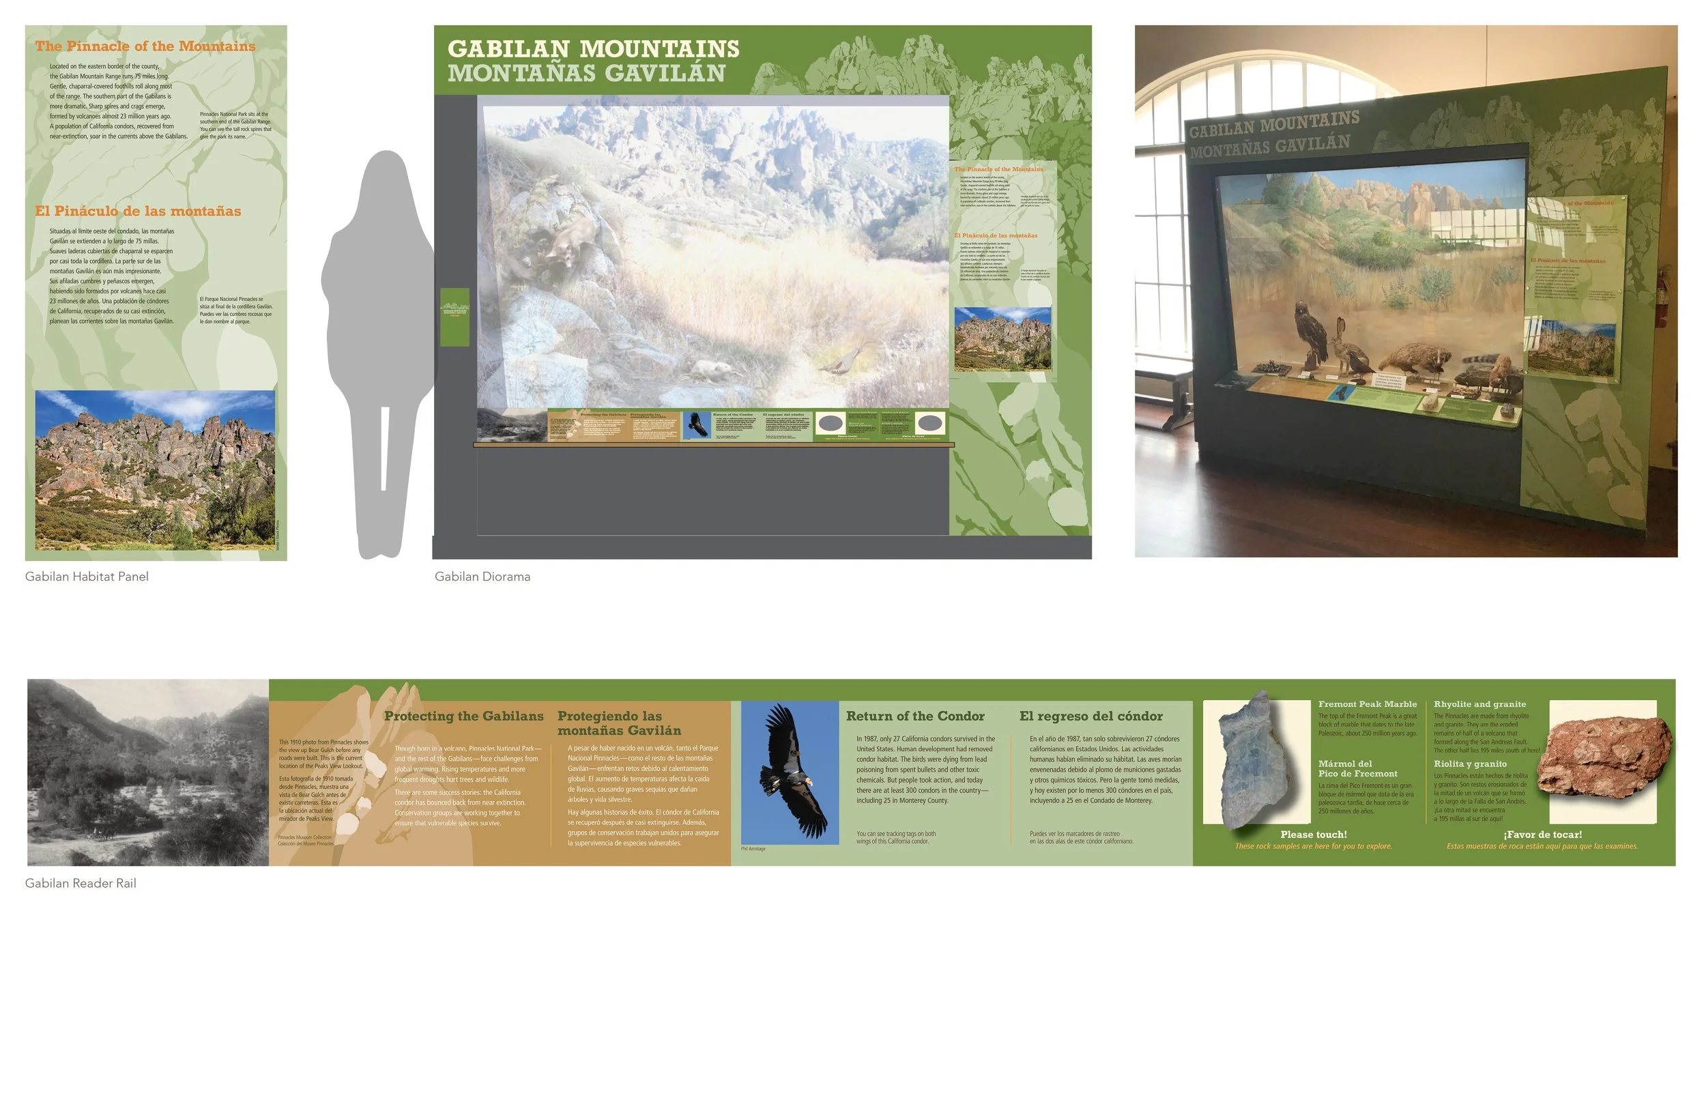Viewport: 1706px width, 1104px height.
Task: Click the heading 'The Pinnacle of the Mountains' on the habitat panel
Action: point(145,46)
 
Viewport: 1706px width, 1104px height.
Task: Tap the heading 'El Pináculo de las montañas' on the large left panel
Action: point(138,212)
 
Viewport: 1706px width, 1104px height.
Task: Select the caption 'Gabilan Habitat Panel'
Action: point(87,577)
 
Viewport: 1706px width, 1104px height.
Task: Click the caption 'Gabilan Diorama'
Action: point(482,577)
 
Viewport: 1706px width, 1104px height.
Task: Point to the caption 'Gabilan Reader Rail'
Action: point(81,883)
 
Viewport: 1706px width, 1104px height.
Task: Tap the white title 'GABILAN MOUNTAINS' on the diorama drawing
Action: point(593,48)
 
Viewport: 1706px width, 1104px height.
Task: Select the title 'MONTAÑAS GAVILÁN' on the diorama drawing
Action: point(586,73)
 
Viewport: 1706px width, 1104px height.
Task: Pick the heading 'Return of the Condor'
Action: point(914,716)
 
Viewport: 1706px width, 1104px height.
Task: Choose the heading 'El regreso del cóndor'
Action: point(1091,716)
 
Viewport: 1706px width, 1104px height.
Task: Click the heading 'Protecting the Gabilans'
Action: point(464,716)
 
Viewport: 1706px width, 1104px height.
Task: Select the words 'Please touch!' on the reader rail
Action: point(1313,834)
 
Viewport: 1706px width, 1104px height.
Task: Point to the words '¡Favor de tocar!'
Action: point(1543,834)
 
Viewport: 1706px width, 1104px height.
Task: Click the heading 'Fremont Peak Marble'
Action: point(1367,704)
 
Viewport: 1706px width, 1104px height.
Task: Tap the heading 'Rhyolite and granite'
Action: point(1479,704)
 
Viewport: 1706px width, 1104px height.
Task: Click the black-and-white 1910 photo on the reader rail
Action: point(147,773)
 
